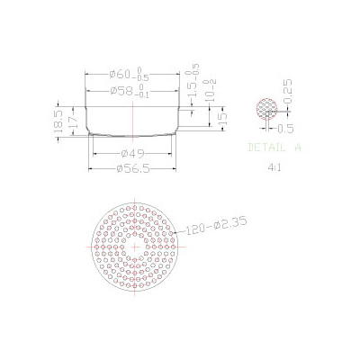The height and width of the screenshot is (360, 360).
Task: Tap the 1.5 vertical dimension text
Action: point(191,86)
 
